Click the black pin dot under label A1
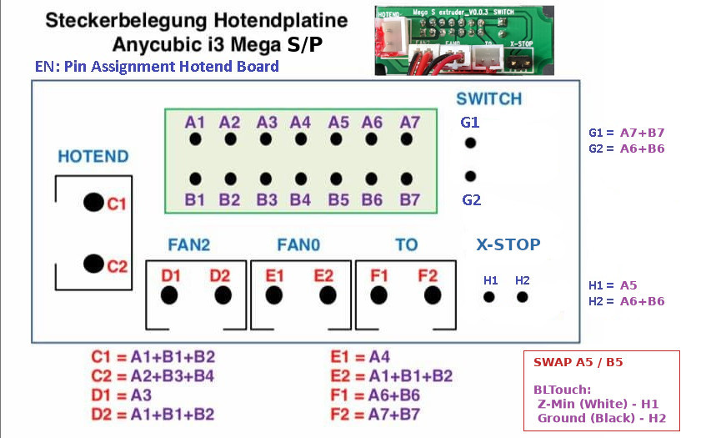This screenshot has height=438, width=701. pos(195,138)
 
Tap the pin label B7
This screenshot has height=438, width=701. pos(409,200)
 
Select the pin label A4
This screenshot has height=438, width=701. pos(300,122)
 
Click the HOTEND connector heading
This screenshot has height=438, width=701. pos(93,157)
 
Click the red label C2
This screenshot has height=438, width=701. pos(117,267)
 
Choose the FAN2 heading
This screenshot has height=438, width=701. pos(188,245)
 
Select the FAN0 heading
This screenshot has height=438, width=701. pos(298,245)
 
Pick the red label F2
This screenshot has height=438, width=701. pos(428,275)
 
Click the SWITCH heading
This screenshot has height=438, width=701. pos(488,99)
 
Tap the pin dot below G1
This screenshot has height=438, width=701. pos(470,143)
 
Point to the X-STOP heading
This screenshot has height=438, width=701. pos(508,245)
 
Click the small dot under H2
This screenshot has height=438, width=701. pos(522,296)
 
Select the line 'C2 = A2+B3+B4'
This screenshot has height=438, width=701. pos(153,375)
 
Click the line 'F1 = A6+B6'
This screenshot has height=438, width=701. pos(375,395)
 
